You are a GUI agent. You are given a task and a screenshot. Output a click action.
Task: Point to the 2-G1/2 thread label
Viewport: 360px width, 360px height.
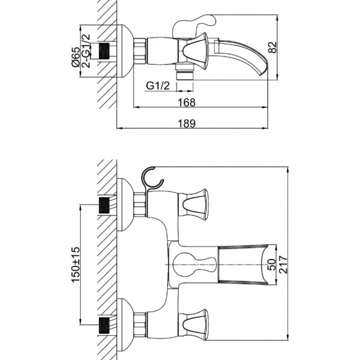[x=86, y=50]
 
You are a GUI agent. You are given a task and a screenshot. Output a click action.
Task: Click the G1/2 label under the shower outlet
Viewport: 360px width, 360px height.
[x=158, y=86]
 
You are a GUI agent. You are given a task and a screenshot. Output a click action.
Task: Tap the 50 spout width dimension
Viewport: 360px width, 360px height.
[x=272, y=264]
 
